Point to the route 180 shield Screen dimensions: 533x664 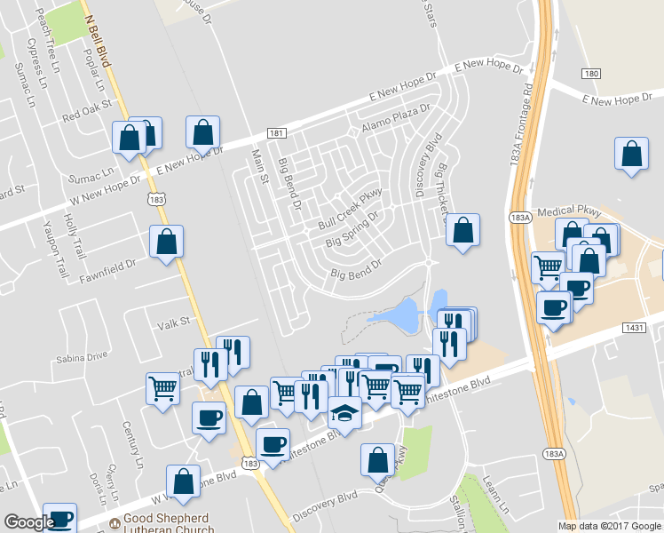592,73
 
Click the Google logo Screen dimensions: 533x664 29,522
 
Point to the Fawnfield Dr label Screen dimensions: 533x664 107,265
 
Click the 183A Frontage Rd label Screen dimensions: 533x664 527,115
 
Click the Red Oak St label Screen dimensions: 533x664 86,111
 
